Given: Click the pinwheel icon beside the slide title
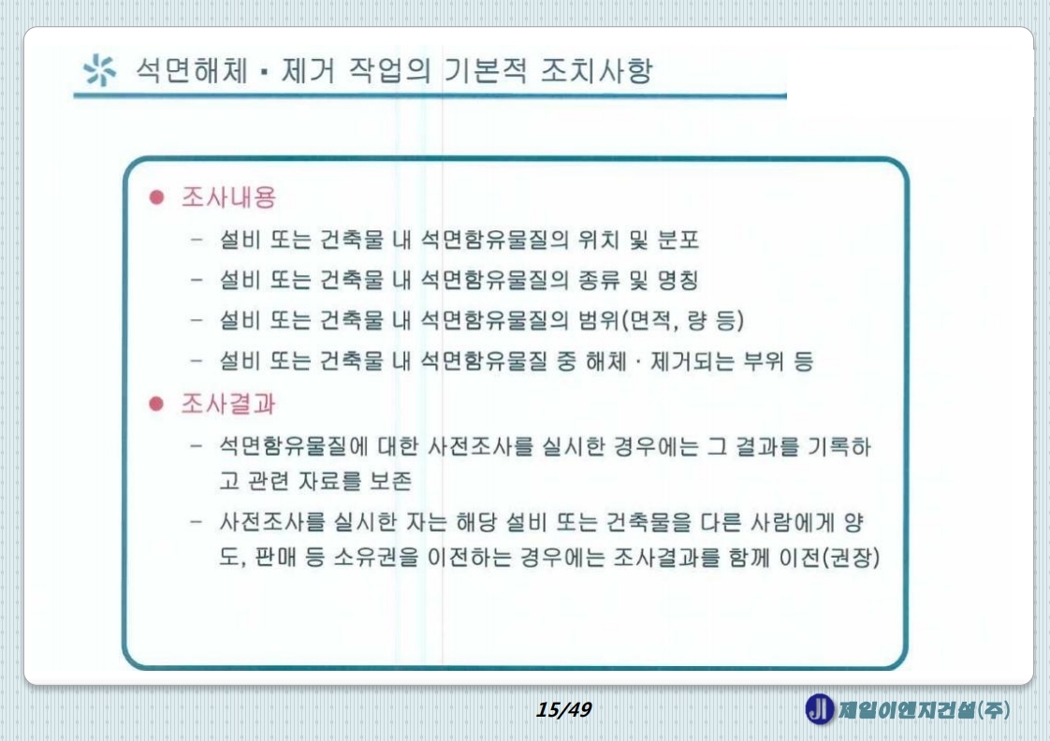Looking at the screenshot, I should click(x=97, y=72).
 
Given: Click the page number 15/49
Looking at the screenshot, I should click(x=564, y=710).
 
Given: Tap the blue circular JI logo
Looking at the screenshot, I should click(x=817, y=709).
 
